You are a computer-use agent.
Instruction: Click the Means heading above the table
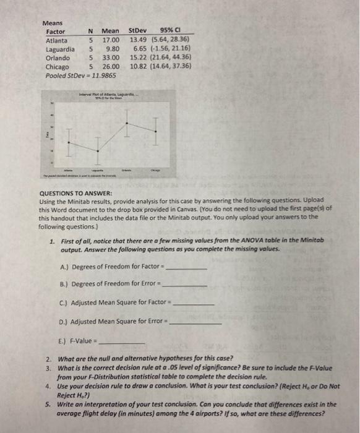(x=54, y=23)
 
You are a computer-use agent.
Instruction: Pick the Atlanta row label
(x=57, y=40)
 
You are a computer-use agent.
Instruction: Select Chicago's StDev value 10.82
(x=139, y=66)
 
